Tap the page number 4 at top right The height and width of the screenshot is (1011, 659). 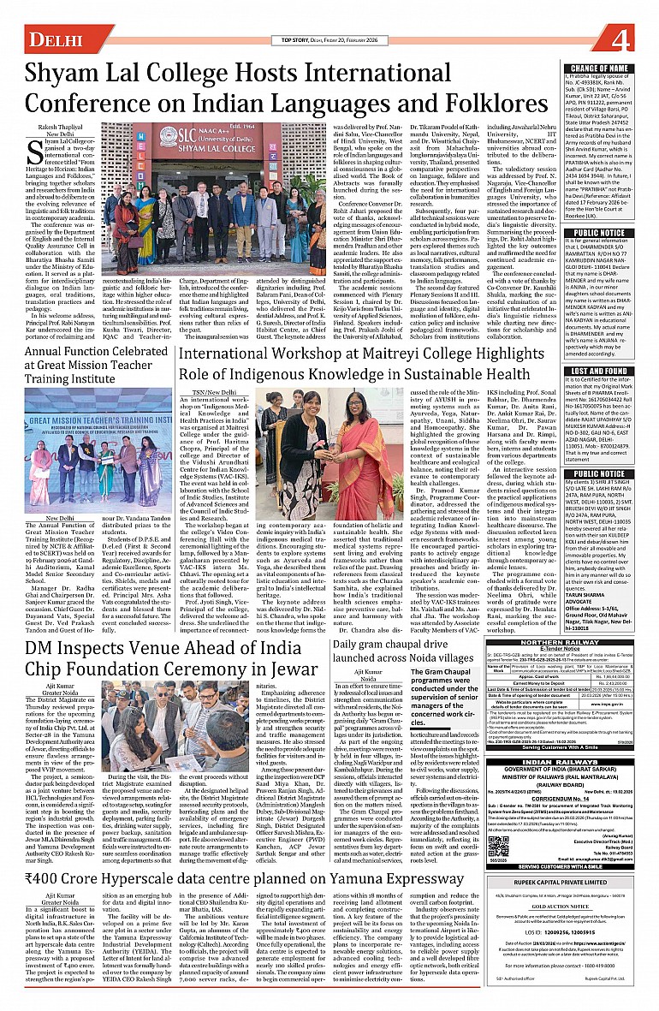632,38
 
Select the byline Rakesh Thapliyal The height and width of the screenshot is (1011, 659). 60,126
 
